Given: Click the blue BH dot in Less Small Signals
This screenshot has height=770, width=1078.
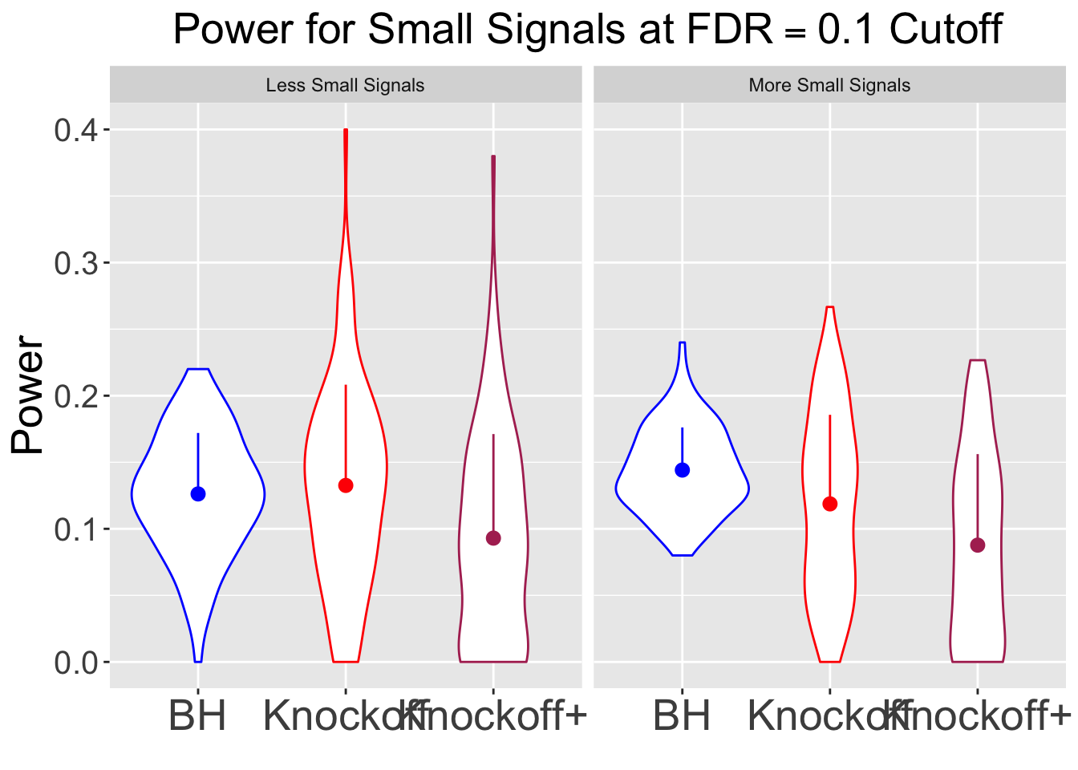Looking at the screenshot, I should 198,494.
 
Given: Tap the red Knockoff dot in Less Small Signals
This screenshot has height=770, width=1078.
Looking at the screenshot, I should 346,485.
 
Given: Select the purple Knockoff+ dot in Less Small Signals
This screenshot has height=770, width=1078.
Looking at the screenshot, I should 493,538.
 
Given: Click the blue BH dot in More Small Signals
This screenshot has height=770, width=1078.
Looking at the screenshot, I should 683,470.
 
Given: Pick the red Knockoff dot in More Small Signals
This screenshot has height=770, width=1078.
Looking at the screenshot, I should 830,504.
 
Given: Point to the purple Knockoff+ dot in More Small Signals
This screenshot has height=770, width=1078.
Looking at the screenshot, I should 978,545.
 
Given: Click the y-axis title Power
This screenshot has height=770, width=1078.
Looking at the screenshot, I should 29,395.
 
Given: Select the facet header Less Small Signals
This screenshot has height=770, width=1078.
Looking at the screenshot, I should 345,85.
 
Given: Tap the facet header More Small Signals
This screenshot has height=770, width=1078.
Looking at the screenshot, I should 829,85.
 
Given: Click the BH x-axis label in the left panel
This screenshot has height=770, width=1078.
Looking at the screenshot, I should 197,716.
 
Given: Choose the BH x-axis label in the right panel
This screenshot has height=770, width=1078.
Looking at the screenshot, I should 682,716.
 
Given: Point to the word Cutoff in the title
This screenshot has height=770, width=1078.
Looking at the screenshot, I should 946,30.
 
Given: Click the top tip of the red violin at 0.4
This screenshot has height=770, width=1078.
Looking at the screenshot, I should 346,130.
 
